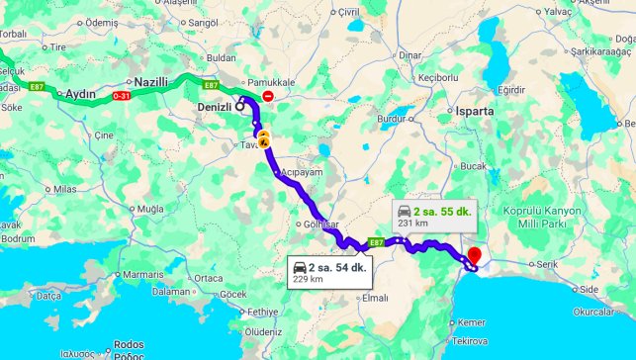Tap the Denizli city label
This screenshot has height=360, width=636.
(x=214, y=107)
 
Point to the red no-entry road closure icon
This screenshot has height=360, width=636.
(x=268, y=95)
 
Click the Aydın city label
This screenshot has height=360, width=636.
(x=80, y=96)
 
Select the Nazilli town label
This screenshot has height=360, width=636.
(x=151, y=82)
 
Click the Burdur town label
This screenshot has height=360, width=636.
(x=393, y=120)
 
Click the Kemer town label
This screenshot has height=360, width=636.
(x=472, y=322)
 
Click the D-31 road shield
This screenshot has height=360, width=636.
(x=121, y=96)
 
